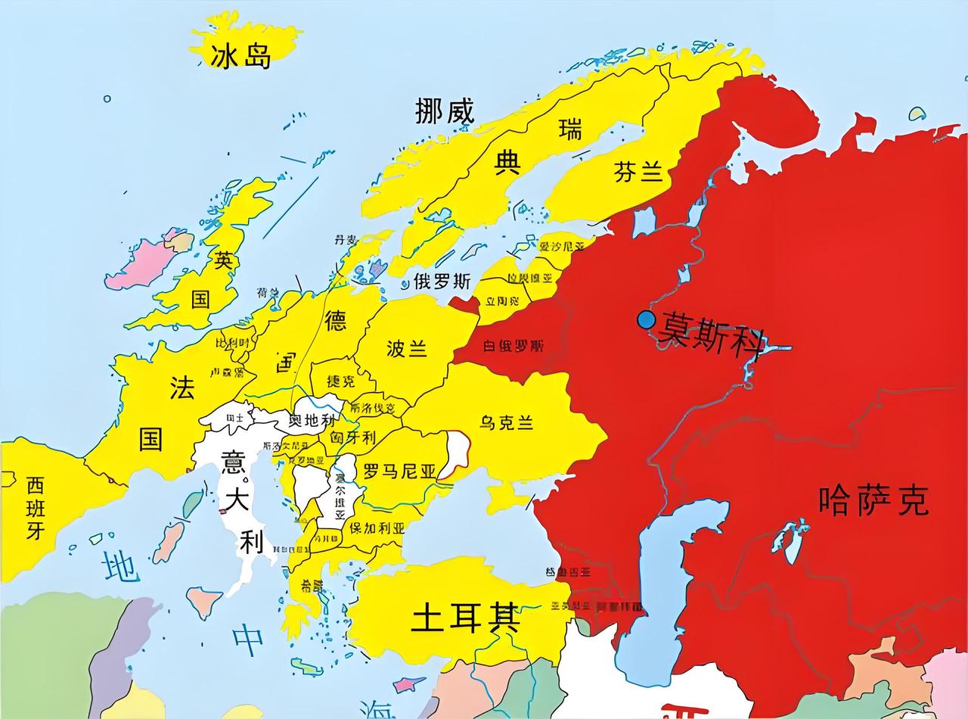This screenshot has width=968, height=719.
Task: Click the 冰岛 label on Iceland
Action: (x=241, y=54)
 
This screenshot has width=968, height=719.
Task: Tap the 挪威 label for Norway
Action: (x=445, y=112)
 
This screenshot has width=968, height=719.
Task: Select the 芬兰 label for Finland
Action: (x=638, y=173)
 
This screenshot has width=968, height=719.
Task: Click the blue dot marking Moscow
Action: (x=646, y=320)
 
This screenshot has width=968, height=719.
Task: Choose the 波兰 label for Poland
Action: (x=407, y=348)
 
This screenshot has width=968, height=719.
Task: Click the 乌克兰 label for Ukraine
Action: (x=507, y=422)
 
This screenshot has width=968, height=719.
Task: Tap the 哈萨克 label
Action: (x=873, y=500)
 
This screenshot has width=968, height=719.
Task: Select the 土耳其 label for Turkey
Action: (x=465, y=620)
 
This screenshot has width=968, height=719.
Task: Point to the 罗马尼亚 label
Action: (x=400, y=472)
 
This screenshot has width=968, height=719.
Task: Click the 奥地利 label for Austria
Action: (x=312, y=419)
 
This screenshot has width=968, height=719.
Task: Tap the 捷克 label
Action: (x=340, y=381)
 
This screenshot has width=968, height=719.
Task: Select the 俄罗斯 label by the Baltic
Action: (x=442, y=282)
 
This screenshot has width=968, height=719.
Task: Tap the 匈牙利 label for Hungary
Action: (x=352, y=437)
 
